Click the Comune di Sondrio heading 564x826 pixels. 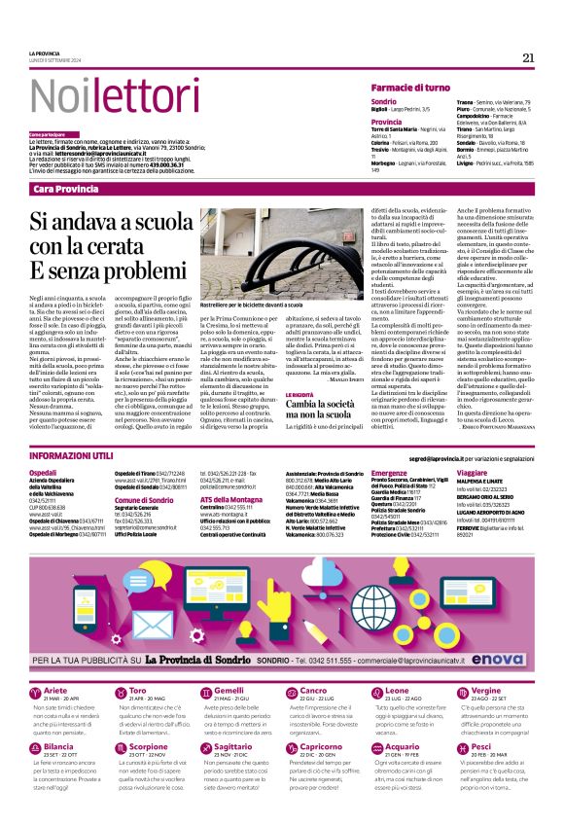[143, 499]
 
